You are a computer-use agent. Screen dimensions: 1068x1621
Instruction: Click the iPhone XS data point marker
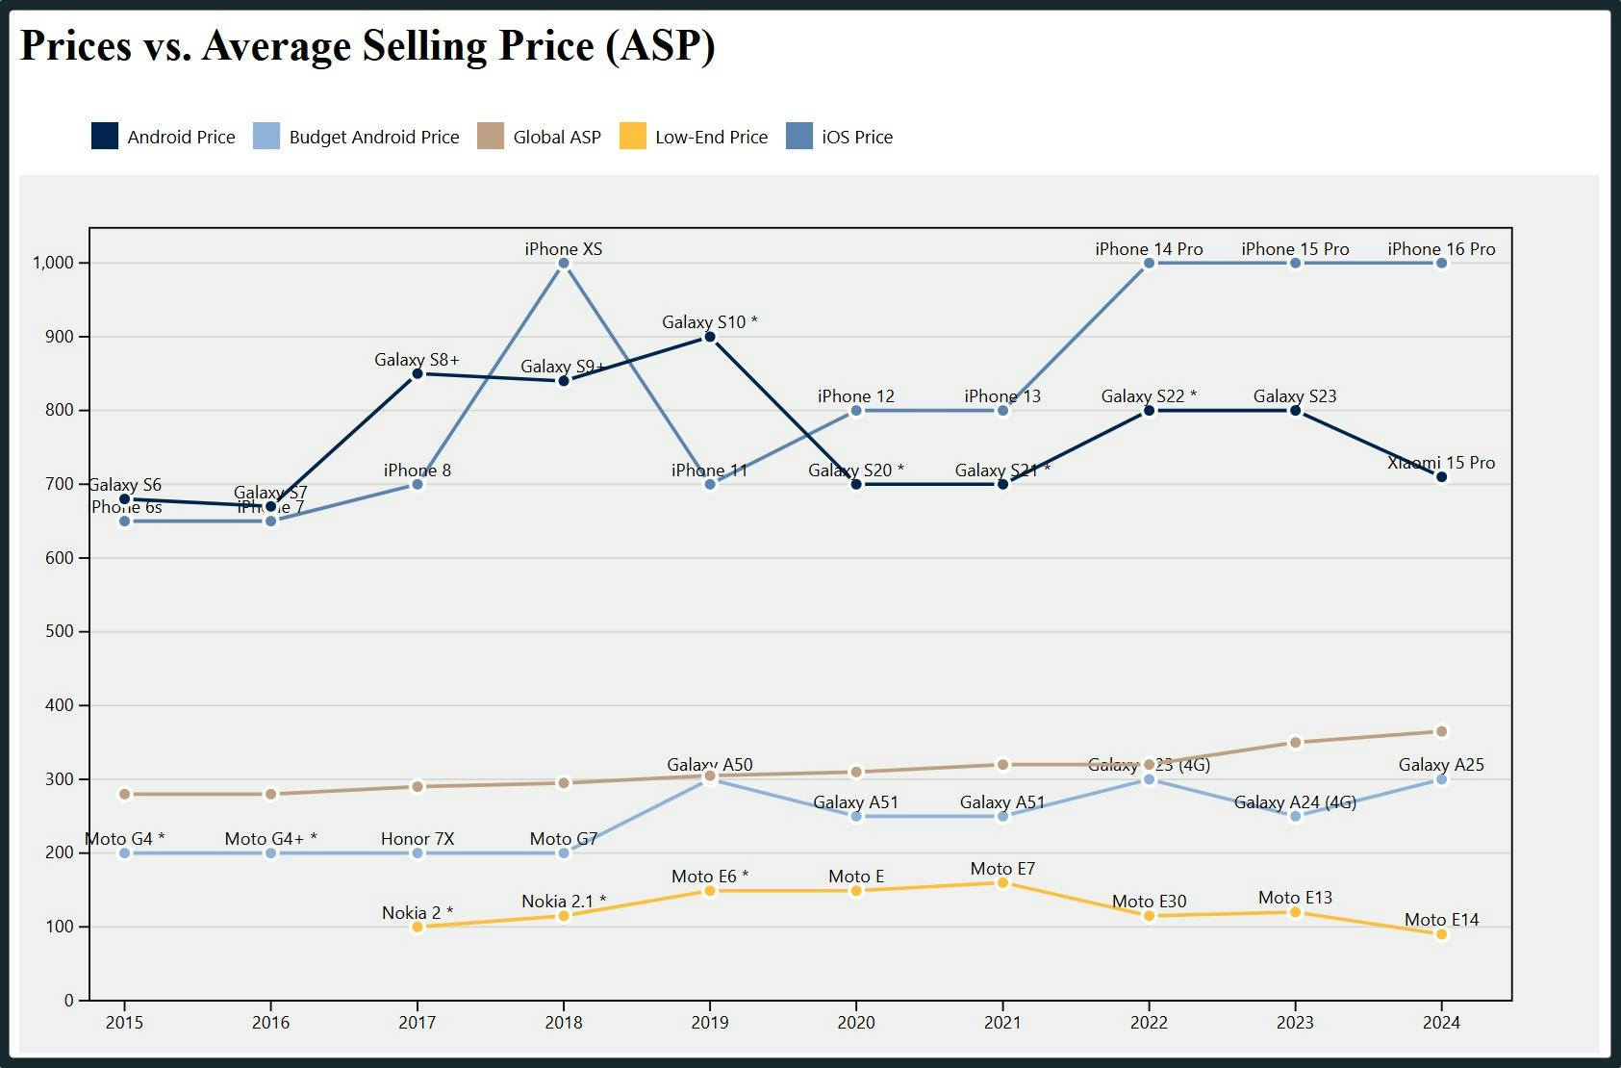coord(564,263)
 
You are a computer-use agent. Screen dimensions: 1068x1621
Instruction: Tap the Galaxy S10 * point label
coord(709,322)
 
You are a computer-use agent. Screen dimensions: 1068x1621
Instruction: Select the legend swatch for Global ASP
coord(491,137)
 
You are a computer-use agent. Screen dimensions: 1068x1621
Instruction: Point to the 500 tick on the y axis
coord(60,631)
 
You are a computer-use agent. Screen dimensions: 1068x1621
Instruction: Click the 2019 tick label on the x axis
coord(710,1023)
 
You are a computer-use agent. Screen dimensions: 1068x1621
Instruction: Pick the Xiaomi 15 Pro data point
coord(1441,477)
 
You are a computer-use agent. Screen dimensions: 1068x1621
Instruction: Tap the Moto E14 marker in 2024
coord(1441,934)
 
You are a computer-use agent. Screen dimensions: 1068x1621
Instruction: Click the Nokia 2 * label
coord(417,912)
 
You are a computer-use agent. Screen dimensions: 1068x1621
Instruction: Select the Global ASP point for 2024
coord(1441,731)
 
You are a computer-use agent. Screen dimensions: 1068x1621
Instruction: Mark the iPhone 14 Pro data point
coord(1149,263)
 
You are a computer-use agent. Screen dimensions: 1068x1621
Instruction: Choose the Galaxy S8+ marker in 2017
coord(418,373)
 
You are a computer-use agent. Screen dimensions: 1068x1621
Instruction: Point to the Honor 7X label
coord(417,838)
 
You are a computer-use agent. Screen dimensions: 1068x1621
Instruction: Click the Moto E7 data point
coord(1002,882)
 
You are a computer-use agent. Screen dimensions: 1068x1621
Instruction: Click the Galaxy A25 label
coord(1440,765)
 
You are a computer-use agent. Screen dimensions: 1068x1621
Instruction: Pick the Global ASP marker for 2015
coord(124,794)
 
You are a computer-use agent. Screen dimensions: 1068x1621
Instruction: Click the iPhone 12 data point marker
coord(856,411)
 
